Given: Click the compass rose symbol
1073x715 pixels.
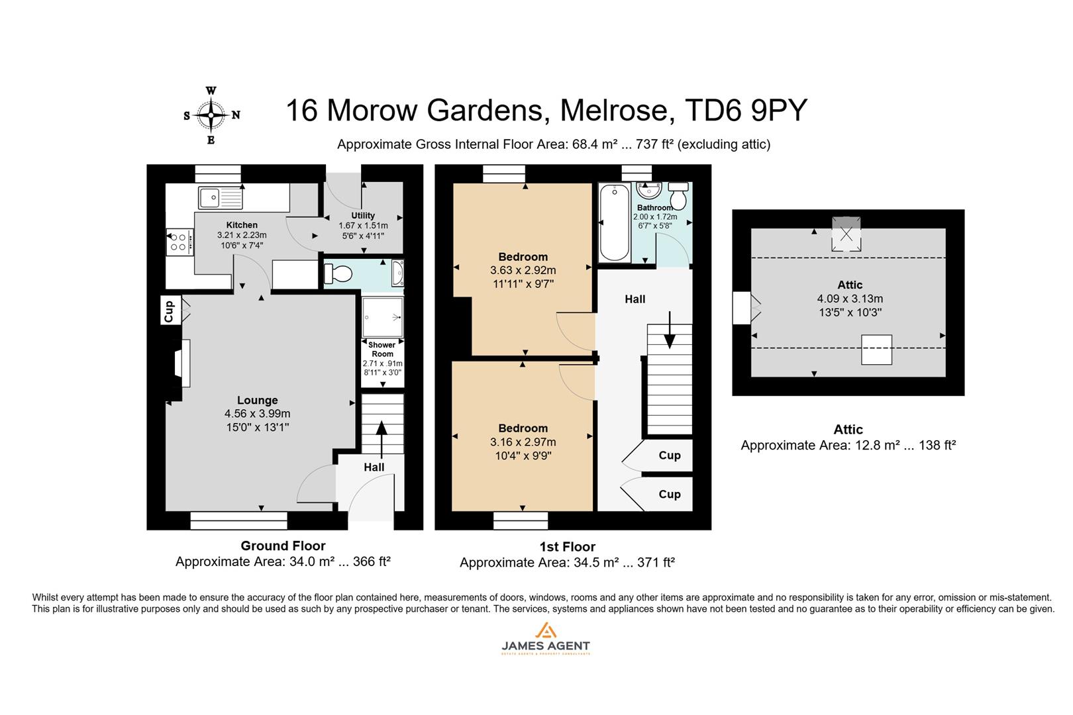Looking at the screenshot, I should pos(211,115).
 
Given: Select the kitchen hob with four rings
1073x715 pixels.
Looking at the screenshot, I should pos(178,240).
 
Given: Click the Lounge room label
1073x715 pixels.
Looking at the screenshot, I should pos(257,401).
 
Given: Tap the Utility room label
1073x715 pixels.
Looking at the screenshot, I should pos(363,215).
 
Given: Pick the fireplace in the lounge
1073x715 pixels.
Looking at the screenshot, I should pos(181,363).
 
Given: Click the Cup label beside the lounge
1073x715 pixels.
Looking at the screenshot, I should pos(170,310).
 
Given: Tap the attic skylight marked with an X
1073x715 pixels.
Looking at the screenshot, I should pos(846,234).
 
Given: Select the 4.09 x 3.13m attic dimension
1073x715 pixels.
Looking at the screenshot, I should pos(850,299).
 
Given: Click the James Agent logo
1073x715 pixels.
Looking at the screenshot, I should pos(545,639).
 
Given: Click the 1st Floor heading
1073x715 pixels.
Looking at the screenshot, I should pos(567,547).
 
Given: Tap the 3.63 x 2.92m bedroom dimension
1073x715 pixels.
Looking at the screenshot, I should pos(523,270).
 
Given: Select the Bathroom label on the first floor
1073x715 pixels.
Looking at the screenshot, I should pos(654,208).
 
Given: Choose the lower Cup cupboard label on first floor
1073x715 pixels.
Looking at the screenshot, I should pos(669,494).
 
